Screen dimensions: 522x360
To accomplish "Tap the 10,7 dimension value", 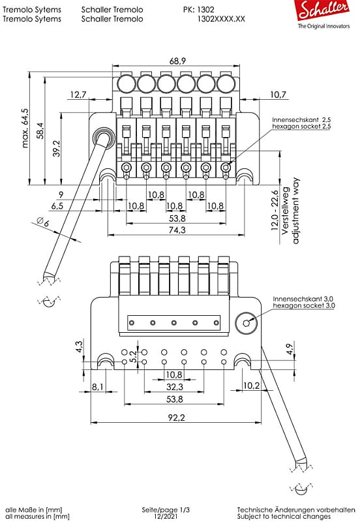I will pos(278,95).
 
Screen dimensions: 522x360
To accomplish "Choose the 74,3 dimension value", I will pos(176,230).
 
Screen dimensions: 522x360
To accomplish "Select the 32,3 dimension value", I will pos(173,387).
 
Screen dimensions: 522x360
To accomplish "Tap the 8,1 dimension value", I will pos(98,387).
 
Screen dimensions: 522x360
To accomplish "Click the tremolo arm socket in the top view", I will pos(103,137).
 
